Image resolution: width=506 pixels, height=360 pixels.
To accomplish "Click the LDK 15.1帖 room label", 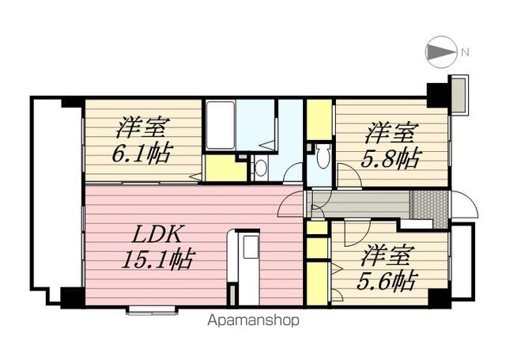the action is point(158,247).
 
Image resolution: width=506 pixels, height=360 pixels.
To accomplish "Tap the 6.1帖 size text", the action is point(141,153).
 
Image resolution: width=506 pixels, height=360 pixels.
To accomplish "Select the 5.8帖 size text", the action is point(390,158).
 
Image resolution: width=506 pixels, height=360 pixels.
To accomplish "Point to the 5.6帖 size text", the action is point(387,281).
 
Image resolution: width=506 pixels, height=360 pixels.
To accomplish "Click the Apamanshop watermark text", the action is point(253,320).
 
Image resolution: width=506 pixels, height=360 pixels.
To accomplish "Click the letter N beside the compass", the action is point(465,52).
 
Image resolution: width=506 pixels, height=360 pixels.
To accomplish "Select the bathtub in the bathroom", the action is point(220,125).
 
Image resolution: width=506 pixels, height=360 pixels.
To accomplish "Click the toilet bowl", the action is point(323,156).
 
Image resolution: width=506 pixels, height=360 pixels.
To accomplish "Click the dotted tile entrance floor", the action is point(429,209).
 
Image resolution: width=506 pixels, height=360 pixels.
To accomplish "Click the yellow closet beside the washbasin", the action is point(225,169).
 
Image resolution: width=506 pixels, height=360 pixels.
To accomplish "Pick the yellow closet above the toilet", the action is point(319,119).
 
